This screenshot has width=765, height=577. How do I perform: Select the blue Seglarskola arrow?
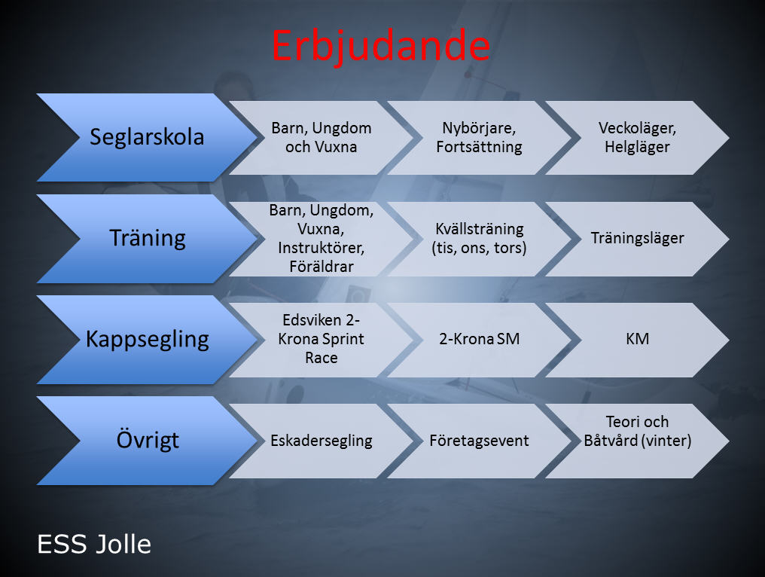coord(147,137)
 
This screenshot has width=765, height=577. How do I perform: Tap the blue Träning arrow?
coord(147,238)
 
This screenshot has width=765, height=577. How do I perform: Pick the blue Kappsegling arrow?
coord(147,339)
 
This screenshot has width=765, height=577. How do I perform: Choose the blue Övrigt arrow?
coord(147,441)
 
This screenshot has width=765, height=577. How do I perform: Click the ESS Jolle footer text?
coord(94,545)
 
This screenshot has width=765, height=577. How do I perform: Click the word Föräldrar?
coord(321,267)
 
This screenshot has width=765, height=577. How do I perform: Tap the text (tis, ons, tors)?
coord(479,248)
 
